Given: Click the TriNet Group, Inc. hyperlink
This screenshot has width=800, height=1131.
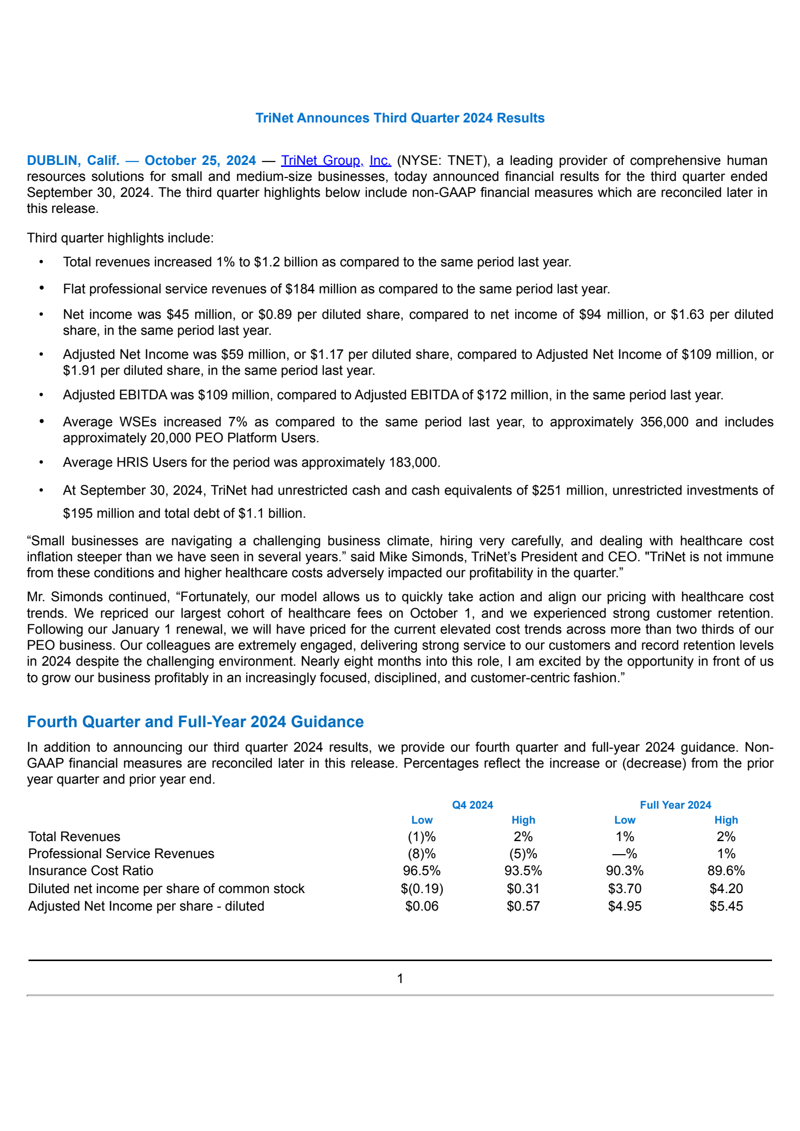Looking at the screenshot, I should [335, 160].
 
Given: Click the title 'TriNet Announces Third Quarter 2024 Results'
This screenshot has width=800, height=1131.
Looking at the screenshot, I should [400, 118].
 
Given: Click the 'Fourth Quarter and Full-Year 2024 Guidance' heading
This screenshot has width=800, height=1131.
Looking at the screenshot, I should [195, 722].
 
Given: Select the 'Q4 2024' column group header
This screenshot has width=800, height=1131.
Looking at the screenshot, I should [472, 805].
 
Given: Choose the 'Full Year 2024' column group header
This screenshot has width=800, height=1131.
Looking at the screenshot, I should [675, 805].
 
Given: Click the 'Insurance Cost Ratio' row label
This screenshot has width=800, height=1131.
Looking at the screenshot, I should [90, 871].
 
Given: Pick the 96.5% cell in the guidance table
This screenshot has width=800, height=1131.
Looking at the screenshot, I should [421, 871].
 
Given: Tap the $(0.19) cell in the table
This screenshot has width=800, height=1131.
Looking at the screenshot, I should [421, 889].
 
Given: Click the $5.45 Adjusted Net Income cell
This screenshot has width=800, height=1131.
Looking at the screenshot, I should [726, 906].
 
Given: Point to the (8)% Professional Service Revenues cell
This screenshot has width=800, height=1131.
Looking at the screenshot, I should [421, 854].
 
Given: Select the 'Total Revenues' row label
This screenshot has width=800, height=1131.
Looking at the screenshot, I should [74, 837].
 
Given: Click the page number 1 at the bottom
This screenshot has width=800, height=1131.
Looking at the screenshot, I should [400, 979].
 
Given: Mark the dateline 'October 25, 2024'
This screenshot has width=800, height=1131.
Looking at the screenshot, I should [200, 160].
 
